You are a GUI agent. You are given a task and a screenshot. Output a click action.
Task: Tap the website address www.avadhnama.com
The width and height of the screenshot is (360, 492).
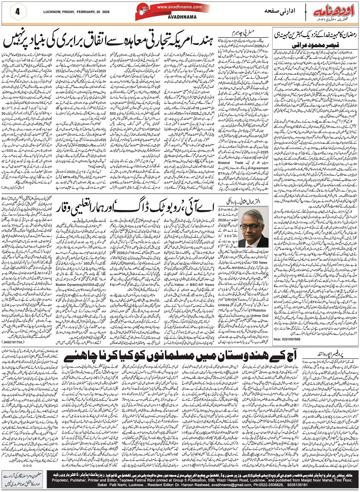[x=173, y=6]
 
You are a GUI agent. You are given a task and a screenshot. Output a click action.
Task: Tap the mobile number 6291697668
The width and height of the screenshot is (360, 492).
[x=286, y=339]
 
